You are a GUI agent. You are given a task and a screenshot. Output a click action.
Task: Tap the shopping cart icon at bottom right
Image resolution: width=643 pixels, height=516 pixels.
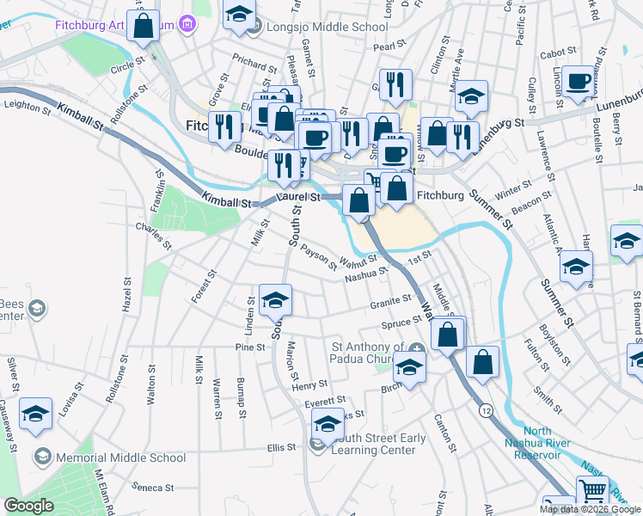[592, 493]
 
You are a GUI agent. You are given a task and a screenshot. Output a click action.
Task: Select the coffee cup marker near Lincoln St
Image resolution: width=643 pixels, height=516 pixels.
[579, 83]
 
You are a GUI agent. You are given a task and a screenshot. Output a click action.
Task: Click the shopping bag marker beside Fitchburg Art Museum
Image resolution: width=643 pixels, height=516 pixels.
[144, 27]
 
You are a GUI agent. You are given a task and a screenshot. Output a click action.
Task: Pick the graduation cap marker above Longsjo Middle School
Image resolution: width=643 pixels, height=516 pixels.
[239, 15]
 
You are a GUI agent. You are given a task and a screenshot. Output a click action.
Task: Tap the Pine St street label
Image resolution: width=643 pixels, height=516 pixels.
[249, 347]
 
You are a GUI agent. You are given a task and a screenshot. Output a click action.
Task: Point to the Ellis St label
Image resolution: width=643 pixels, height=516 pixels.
[281, 447]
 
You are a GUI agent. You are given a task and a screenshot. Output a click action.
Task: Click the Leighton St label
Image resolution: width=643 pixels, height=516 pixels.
[22, 104]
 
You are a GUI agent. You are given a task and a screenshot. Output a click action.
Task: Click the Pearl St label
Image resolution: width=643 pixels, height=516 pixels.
[389, 46]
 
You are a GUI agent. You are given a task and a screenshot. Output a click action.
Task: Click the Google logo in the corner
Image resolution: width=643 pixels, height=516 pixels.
[28, 506]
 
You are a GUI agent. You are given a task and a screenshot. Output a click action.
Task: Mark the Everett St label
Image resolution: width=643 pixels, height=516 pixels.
[324, 400]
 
